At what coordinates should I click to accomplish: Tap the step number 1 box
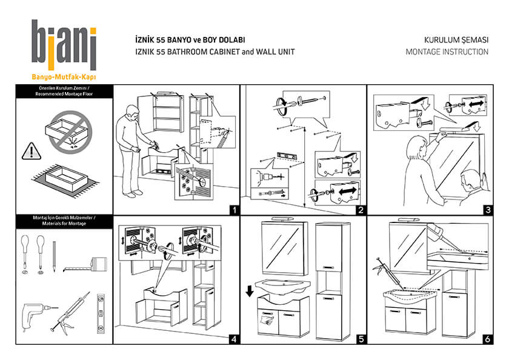pyautogui.click(x=235, y=210)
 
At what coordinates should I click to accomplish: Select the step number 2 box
pyautogui.click(x=361, y=210)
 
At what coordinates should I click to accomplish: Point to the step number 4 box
pyautogui.click(x=235, y=339)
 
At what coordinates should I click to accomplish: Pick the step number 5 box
pyautogui.click(x=361, y=339)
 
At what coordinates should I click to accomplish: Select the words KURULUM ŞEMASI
pyautogui.click(x=456, y=39)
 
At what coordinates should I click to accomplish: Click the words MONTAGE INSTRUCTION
pyautogui.click(x=447, y=52)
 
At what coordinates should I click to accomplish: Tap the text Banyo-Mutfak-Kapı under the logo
pyautogui.click(x=64, y=77)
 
